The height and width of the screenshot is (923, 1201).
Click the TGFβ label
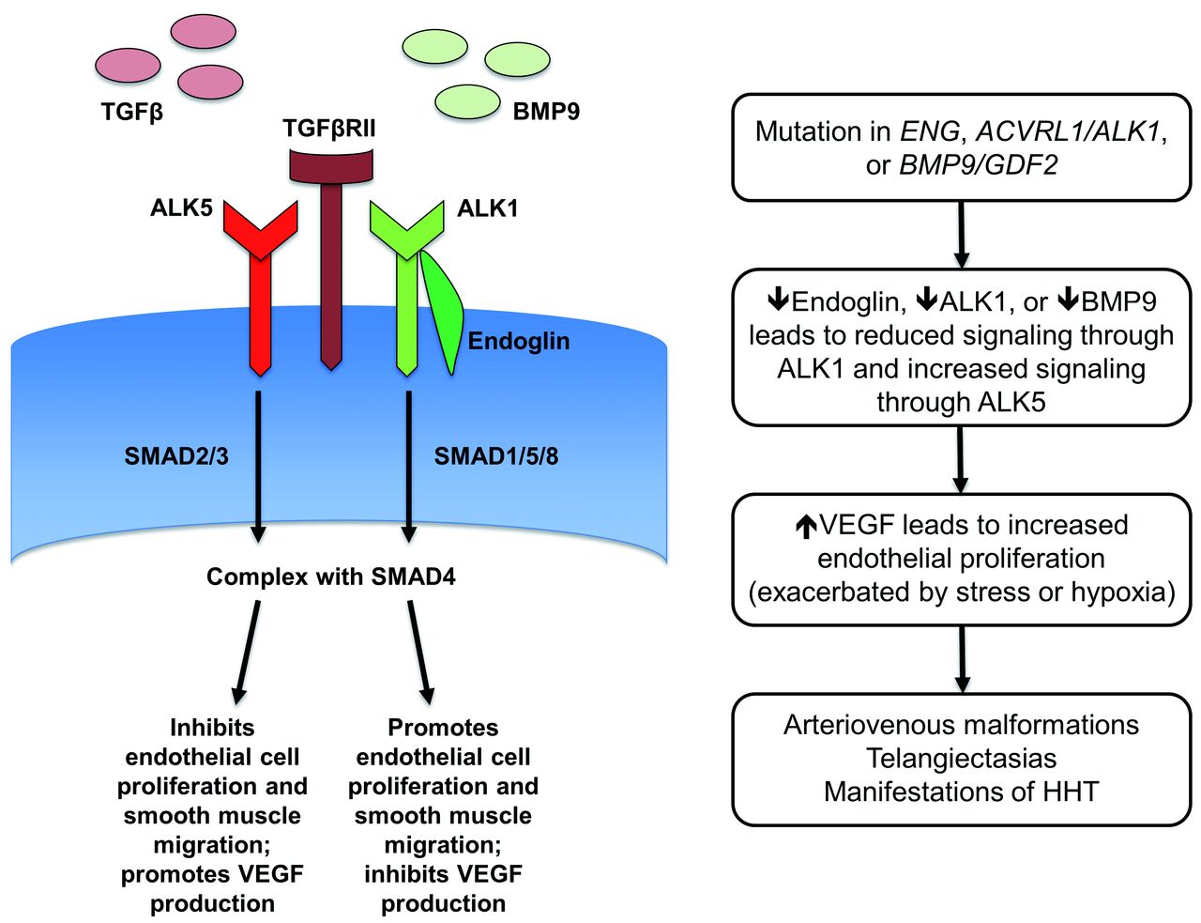point(132,113)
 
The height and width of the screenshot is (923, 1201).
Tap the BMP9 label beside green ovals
point(546,112)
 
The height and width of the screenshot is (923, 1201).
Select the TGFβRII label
point(329,129)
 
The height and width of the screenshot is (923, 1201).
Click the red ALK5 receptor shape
point(260,282)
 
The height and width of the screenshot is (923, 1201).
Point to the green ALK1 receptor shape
point(406,282)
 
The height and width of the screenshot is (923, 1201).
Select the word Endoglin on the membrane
point(518,341)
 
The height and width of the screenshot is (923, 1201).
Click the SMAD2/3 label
point(176,456)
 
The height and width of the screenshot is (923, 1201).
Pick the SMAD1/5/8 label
point(495,456)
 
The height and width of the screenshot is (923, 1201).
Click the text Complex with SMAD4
point(330,577)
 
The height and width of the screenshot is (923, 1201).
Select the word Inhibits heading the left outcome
point(212,728)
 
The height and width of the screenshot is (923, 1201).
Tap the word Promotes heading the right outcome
point(443,728)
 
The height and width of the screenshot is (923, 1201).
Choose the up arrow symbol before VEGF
point(805,527)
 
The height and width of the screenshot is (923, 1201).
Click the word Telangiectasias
point(961,759)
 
